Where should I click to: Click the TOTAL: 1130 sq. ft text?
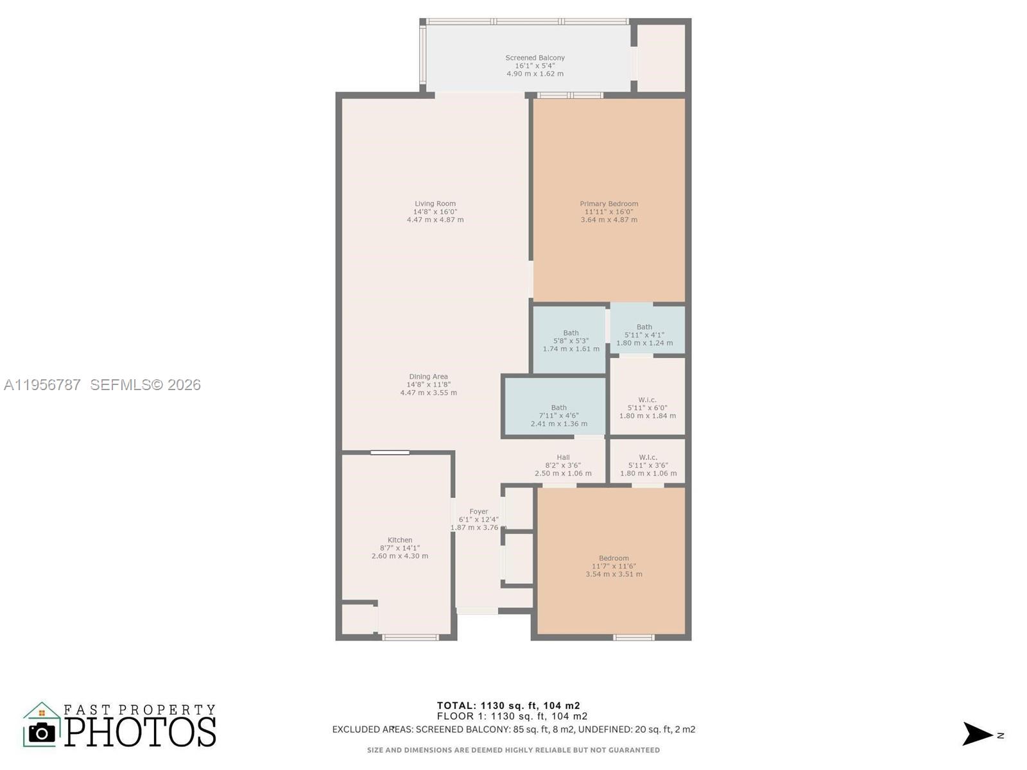click(x=508, y=706)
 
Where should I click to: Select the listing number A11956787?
click(x=42, y=385)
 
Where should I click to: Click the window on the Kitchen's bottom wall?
click(x=410, y=637)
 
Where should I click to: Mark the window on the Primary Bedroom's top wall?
click(x=569, y=96)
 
